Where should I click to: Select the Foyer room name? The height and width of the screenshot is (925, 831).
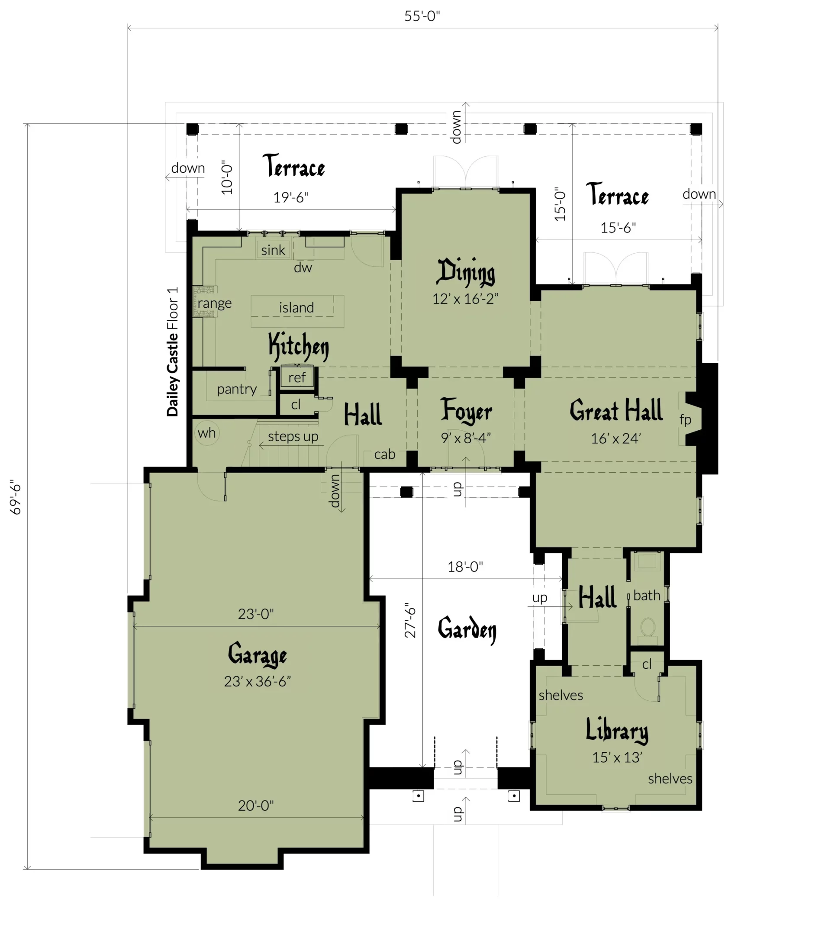466,410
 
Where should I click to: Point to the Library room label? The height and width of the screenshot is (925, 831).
617,730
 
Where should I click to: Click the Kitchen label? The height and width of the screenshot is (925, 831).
299,347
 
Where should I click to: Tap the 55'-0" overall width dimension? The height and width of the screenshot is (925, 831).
422,16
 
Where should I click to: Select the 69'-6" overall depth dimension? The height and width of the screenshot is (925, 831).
16,497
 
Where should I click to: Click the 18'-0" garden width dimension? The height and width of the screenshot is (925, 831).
465,567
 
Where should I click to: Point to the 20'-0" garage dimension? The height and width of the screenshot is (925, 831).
256,806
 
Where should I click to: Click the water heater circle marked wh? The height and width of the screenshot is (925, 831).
207,432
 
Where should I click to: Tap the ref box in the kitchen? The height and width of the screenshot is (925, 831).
297,377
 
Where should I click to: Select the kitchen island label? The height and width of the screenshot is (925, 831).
296,307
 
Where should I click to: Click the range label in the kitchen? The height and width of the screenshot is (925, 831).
215,303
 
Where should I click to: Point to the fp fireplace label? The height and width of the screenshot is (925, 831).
685,419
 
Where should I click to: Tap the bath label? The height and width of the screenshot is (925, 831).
647,595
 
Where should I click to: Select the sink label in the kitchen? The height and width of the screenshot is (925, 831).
273,250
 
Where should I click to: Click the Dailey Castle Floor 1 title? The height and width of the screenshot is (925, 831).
172,351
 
